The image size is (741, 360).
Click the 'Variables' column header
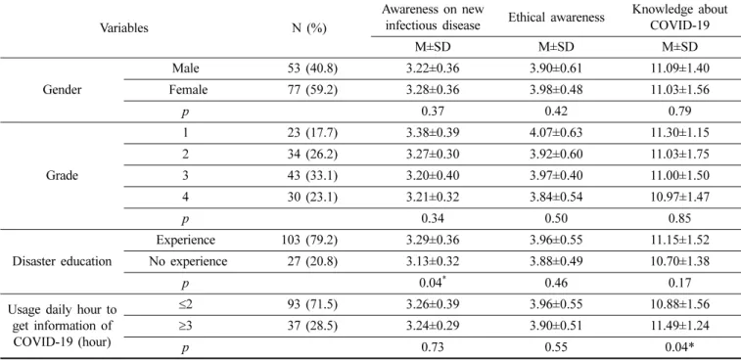(123, 27)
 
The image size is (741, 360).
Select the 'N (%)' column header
(309, 28)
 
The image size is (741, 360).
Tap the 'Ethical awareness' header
(556, 18)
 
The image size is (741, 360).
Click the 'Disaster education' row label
(63, 261)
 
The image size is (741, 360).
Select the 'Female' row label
(188, 90)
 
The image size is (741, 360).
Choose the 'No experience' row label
(186, 261)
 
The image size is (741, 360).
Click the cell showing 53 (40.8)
(313, 68)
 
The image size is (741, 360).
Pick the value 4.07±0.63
(556, 133)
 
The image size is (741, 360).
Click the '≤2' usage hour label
(186, 304)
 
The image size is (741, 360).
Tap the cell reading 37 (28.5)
(313, 326)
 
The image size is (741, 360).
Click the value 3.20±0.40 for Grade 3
(433, 176)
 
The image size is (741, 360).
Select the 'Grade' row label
(63, 176)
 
